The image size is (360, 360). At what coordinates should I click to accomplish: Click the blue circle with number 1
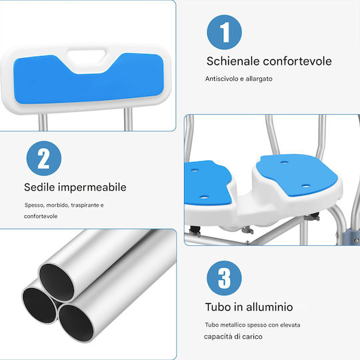(224, 32)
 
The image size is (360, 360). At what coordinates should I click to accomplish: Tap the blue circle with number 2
(44, 159)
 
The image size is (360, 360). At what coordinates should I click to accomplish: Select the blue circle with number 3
(224, 278)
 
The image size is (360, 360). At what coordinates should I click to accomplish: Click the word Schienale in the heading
(233, 61)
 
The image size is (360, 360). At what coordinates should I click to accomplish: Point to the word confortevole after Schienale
(297, 61)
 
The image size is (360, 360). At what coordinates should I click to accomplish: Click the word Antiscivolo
(222, 79)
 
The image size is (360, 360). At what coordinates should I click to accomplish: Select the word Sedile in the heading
(39, 187)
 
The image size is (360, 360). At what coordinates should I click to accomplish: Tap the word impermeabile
(92, 187)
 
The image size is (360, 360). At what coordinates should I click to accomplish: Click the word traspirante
(85, 205)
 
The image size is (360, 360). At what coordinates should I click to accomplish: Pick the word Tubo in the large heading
(218, 307)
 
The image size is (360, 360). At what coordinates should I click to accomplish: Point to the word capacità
(217, 337)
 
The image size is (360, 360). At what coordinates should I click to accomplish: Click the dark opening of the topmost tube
(56, 283)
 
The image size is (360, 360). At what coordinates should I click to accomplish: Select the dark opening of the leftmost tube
(39, 305)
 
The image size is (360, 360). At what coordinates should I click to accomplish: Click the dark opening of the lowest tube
(76, 323)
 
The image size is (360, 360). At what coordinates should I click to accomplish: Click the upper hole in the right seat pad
(284, 162)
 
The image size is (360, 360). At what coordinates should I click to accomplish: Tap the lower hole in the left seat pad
(204, 197)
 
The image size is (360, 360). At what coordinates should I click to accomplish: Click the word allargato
(259, 79)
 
